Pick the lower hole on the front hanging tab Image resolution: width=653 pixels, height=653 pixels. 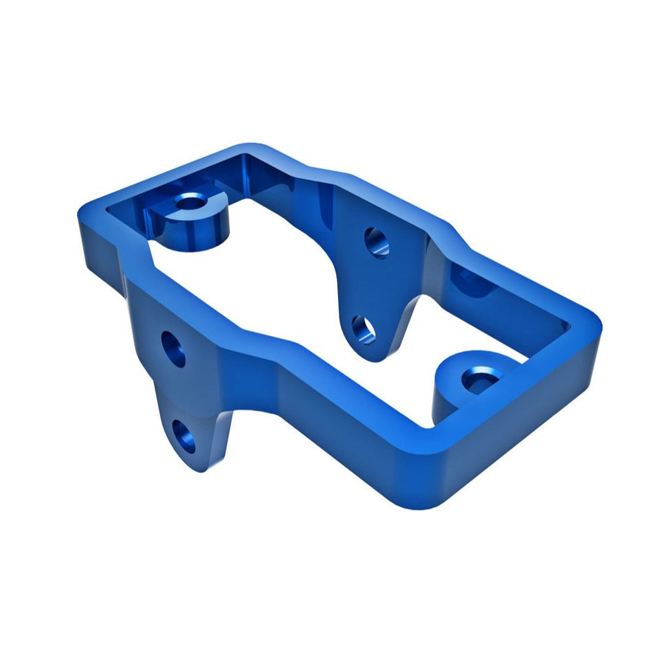184,435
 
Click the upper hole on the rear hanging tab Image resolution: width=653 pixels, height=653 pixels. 376,242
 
